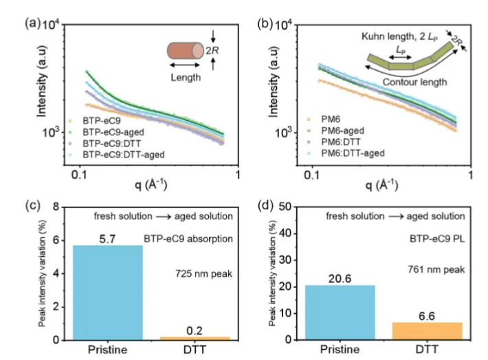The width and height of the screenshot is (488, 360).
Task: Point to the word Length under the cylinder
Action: [x=184, y=78]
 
